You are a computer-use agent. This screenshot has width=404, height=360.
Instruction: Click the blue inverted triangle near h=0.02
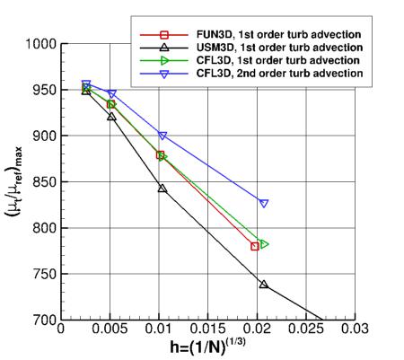pyautogui.click(x=264, y=204)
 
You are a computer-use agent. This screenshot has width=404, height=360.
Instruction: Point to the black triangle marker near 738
pyautogui.click(x=263, y=285)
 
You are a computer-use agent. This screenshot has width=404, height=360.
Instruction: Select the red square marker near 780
pyautogui.click(x=255, y=246)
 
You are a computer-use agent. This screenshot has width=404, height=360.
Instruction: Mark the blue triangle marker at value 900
pyautogui.click(x=162, y=136)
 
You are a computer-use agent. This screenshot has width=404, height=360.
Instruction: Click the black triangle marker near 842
pyautogui.click(x=162, y=189)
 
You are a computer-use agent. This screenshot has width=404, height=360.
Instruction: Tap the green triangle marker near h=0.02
pyautogui.click(x=264, y=244)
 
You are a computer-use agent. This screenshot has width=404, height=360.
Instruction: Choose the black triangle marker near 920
pyautogui.click(x=111, y=117)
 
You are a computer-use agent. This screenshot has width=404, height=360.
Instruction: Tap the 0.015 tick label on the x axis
pyautogui.click(x=207, y=329)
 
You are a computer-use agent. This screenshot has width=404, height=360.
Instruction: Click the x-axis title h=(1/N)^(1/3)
pyautogui.click(x=208, y=348)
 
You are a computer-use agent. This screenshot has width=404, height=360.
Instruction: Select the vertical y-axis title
pyautogui.click(x=13, y=182)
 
